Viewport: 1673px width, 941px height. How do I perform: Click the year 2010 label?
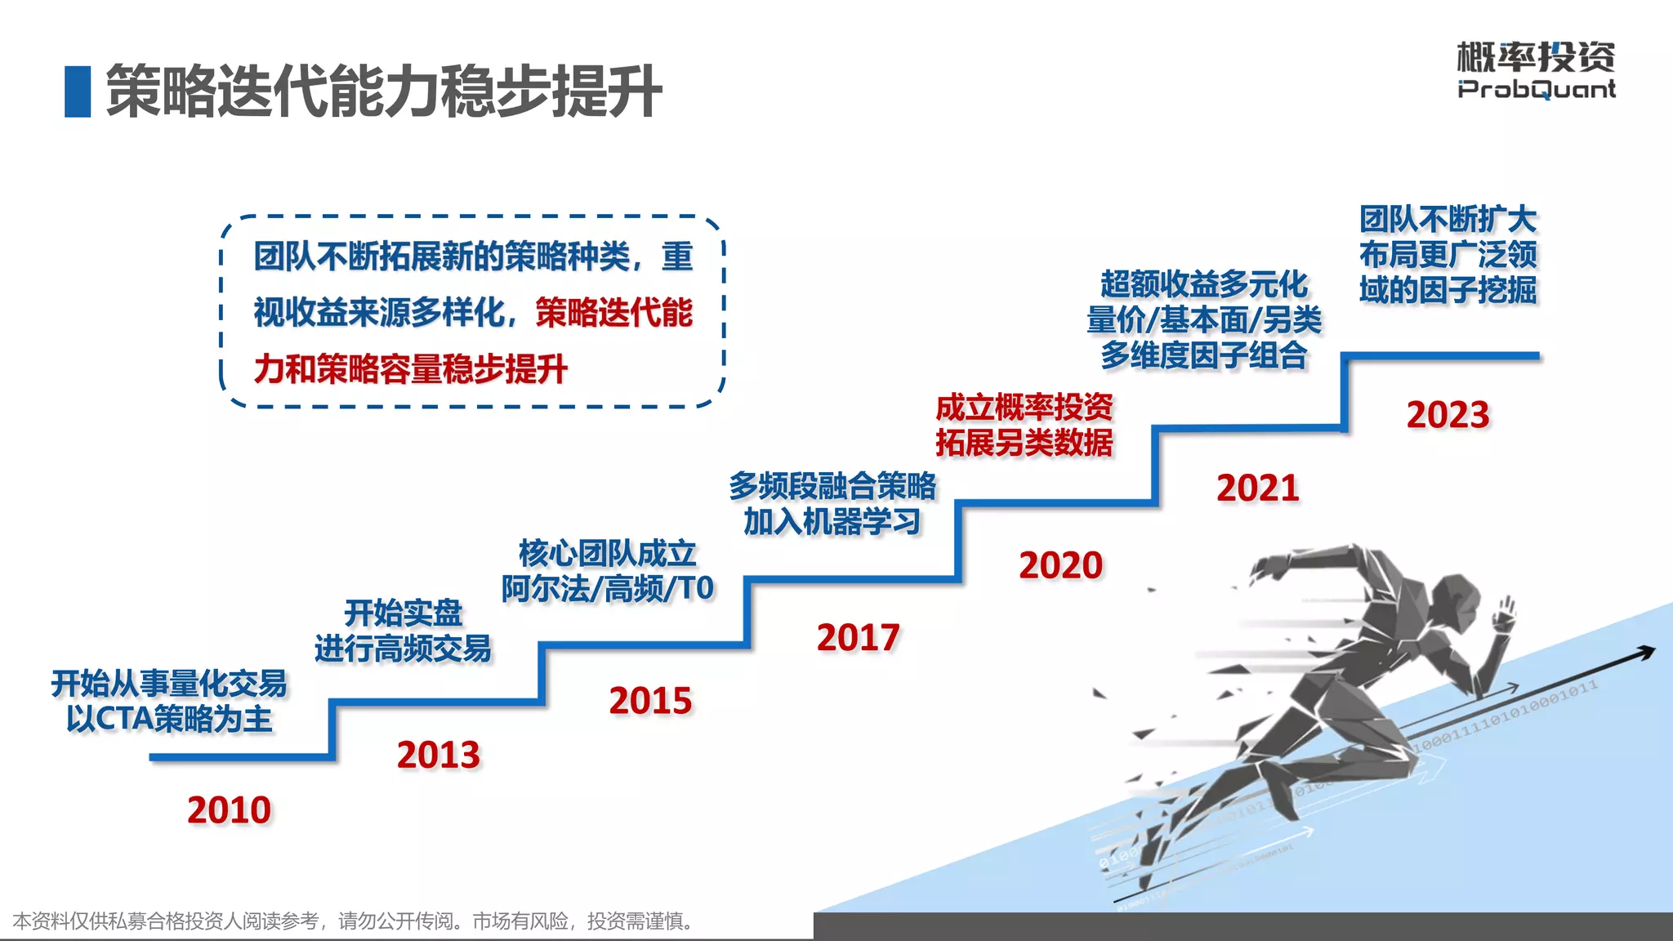point(229,810)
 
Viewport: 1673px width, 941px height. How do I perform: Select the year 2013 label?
point(439,755)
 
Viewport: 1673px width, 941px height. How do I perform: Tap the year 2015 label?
point(650,701)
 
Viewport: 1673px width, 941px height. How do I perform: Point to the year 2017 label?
point(858,637)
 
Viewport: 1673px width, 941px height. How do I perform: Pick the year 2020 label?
point(1060,565)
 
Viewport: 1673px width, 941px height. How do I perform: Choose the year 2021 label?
point(1257,488)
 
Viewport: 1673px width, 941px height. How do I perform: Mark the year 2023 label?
point(1448,415)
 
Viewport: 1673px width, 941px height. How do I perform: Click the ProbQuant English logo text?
point(1536,89)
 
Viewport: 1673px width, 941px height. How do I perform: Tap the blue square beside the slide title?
point(78,91)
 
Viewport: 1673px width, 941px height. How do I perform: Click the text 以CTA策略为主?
point(169,719)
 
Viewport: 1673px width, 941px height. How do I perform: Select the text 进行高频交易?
point(403,649)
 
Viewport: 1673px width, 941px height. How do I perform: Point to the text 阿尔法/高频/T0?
point(608,588)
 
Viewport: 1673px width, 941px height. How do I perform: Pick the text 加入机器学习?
point(832,521)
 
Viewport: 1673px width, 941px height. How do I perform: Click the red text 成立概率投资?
point(1024,407)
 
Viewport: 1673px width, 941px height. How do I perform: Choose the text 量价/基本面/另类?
point(1203,319)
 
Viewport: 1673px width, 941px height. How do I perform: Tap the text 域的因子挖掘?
point(1448,290)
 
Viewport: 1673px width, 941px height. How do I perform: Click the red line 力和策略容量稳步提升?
point(410,369)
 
